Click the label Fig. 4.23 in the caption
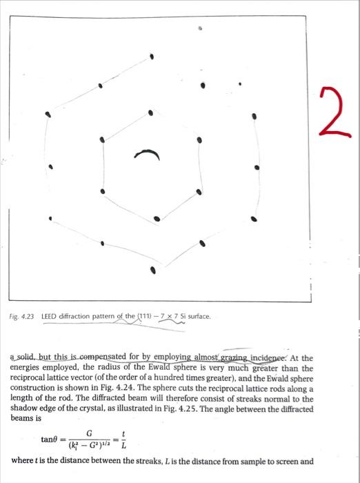point(23,317)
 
